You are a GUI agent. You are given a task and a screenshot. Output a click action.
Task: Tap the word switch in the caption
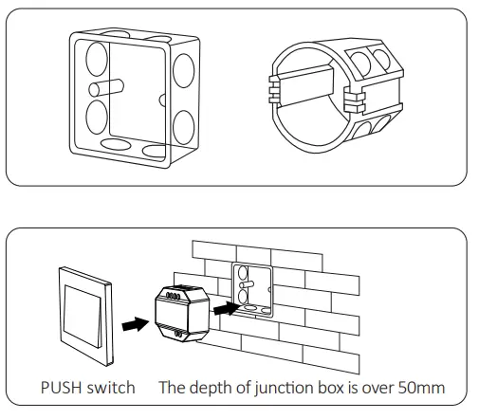(111, 387)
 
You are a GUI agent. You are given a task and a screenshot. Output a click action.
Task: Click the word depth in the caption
(209, 387)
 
